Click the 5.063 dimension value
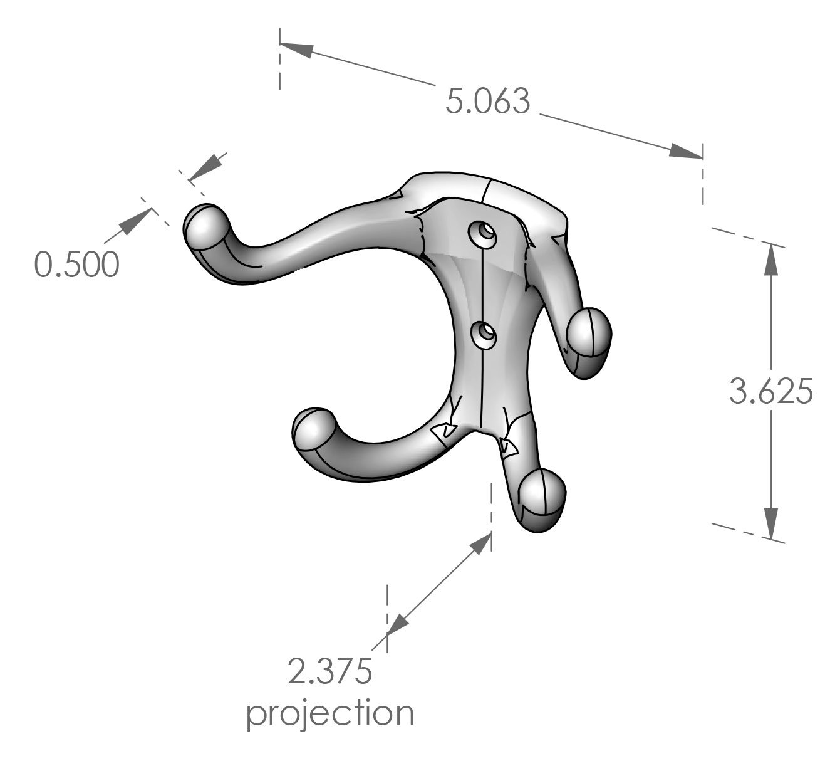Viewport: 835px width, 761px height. [x=488, y=102]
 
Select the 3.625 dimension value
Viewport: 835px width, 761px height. [x=771, y=392]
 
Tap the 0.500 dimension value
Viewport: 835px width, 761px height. [x=76, y=265]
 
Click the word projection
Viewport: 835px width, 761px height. [x=329, y=713]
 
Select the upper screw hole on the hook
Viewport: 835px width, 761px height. [x=484, y=233]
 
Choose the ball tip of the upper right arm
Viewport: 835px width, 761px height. [x=589, y=332]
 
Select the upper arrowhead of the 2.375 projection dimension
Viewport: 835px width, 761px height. [x=479, y=544]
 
